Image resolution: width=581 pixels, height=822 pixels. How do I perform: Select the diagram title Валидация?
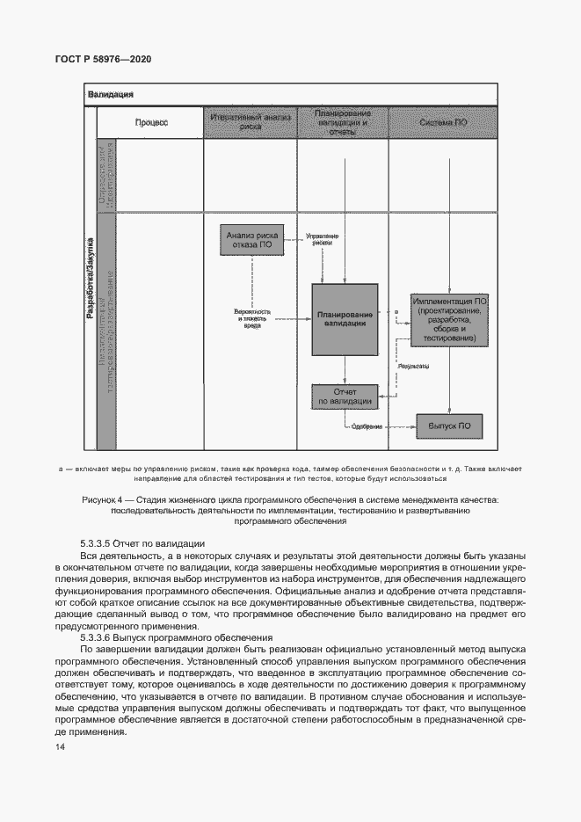pos(111,94)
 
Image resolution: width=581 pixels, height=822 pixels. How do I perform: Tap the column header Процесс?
pos(150,123)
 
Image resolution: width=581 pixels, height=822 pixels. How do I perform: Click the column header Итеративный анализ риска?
pos(251,123)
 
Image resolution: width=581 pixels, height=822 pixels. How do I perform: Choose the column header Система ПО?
pos(443,123)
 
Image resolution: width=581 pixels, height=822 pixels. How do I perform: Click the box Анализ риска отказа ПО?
pos(253,240)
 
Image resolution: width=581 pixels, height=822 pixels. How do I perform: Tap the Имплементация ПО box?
pos(448,320)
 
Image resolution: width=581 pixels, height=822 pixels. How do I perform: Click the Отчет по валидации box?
pos(345,396)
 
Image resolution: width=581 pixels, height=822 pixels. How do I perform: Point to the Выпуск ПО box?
pos(449,426)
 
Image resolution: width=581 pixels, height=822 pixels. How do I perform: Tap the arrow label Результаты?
pos(413,365)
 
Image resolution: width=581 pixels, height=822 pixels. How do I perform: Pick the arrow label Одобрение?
pos(367,427)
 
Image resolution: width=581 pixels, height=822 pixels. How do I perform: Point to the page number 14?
pos(59,746)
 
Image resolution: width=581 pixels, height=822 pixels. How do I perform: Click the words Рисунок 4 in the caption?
pos(105,499)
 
